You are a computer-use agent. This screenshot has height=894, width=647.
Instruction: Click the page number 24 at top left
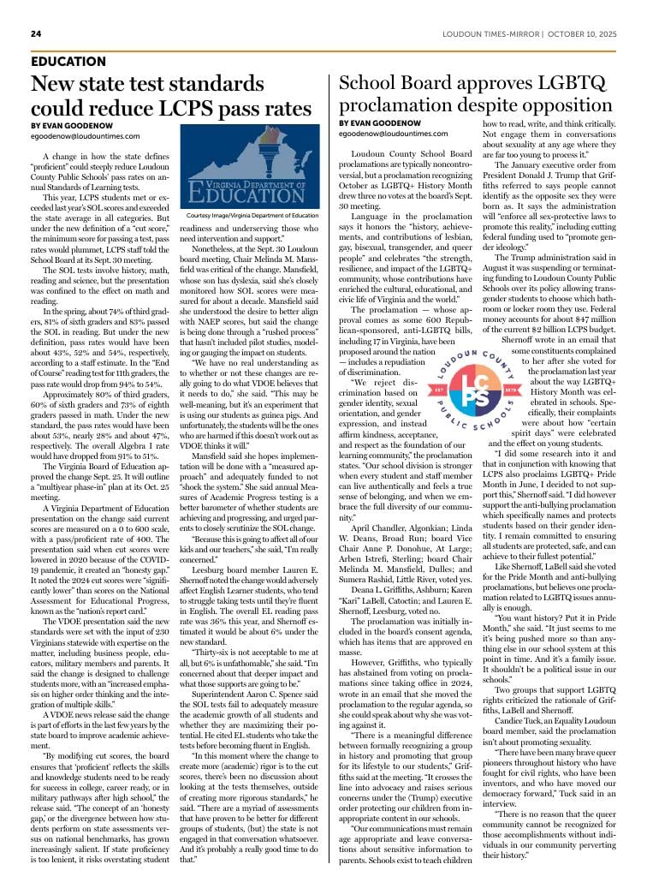(x=36, y=33)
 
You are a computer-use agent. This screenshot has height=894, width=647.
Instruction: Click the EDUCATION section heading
(x=68, y=62)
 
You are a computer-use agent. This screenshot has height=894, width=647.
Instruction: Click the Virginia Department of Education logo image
(x=249, y=169)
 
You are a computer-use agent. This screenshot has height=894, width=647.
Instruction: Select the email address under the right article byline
(x=393, y=134)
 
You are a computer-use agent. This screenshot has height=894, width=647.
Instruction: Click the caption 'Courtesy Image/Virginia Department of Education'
(x=249, y=217)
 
